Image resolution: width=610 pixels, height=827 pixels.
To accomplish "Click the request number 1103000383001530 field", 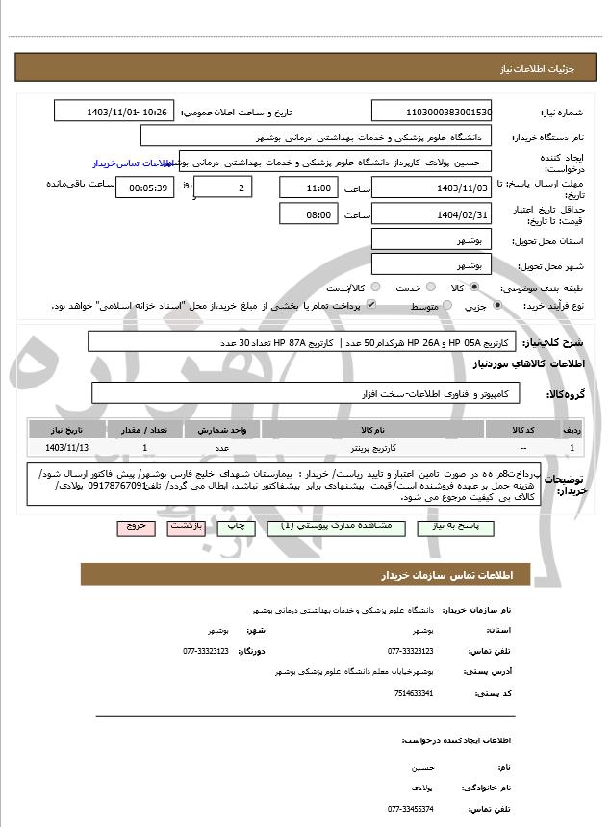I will pos(432,112).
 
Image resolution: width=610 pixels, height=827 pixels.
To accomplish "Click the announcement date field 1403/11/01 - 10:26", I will pos(115,112).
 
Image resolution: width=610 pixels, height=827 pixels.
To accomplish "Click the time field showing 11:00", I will pos(309,188).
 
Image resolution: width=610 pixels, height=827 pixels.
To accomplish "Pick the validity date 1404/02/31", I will pos(432,214).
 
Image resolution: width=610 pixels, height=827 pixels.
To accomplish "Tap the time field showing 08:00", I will pos(309,214).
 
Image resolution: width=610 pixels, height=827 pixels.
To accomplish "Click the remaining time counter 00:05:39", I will pos(145,188).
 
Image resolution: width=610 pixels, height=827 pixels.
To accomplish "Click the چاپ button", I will pos(232,528).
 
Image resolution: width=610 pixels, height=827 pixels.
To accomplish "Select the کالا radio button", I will pos(472,288).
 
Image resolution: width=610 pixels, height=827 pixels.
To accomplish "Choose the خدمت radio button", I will pos(429,288).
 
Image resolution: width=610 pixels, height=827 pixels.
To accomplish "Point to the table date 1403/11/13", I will pos(66,448).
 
